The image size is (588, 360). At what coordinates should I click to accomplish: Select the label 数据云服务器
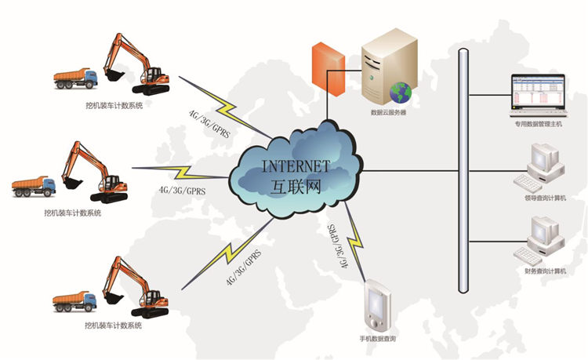[x=388, y=112]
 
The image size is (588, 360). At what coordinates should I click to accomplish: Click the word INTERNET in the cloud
[x=296, y=165]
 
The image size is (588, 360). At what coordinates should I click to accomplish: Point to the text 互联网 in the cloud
[x=296, y=186]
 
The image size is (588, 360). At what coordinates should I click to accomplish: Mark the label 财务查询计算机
[x=545, y=271]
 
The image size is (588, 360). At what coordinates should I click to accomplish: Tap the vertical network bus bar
[x=463, y=173]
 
